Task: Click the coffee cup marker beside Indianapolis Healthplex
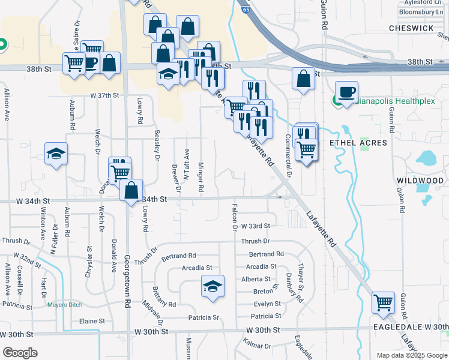(346, 92)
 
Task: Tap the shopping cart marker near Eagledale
(383, 304)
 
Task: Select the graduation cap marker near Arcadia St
(212, 286)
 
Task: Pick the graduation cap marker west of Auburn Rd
(56, 154)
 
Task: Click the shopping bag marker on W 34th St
(131, 190)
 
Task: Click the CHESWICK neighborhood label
(411, 28)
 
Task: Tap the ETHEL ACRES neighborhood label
(353, 143)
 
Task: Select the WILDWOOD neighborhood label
(420, 181)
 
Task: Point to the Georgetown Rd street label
(127, 282)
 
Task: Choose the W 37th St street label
(106, 95)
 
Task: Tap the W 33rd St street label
(255, 226)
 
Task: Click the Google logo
(20, 353)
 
